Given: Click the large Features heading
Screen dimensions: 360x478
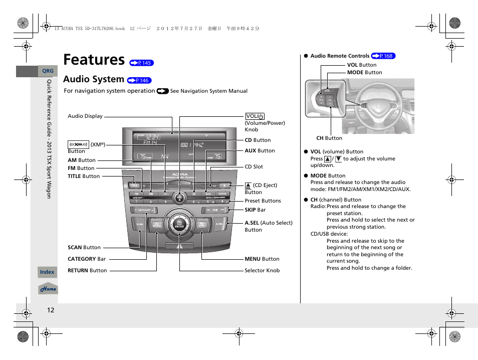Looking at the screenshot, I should pos(94,60).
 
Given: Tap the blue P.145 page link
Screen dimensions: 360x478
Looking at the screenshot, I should pos(141,63).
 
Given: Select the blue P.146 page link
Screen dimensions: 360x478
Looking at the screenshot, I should pos(139,80).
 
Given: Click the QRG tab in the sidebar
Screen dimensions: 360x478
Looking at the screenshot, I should pos(47,71).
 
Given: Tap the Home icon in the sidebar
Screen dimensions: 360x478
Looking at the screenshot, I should pos(48,289).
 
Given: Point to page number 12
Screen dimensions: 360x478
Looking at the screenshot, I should pos(50,310).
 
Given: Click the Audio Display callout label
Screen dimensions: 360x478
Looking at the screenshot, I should pos(85,116).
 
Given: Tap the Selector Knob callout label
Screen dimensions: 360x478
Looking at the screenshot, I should pos(262,271).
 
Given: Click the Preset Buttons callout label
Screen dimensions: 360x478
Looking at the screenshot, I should pos(263,201).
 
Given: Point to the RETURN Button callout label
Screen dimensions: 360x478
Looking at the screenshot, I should pos(87,271).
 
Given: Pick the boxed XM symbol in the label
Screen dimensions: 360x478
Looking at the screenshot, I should pos(78,144).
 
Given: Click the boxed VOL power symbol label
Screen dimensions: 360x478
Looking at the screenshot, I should pos(255,116).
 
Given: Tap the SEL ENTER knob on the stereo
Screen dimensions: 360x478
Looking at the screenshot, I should pos(179,224).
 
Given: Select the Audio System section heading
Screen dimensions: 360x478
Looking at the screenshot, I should pos(94,79).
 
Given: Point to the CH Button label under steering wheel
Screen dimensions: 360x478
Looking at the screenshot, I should pos(329,138).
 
